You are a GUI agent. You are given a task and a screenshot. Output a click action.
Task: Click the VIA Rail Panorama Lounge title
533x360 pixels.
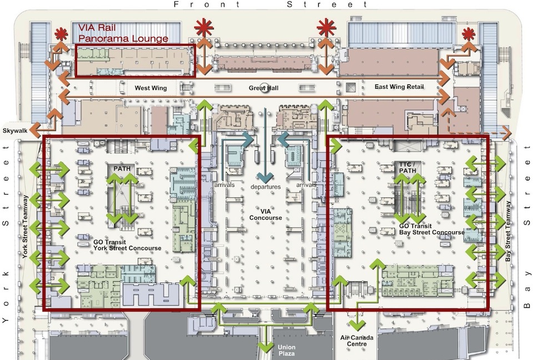[123, 33]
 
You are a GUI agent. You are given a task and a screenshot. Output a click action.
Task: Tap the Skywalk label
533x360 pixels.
[15, 130]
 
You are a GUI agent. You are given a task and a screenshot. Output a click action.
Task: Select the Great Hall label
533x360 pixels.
[263, 88]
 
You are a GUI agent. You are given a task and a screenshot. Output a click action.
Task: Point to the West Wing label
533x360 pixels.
[150, 88]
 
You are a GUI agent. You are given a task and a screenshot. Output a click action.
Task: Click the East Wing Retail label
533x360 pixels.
[399, 87]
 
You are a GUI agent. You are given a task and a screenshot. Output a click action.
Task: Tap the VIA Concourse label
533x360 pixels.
[265, 215]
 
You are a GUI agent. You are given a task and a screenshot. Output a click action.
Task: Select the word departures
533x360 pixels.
[265, 187]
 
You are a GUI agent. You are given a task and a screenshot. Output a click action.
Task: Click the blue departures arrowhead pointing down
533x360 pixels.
[265, 178]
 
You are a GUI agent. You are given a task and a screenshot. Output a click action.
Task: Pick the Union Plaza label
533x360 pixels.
[286, 350]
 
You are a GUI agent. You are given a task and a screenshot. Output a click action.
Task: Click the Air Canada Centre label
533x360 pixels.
[356, 341]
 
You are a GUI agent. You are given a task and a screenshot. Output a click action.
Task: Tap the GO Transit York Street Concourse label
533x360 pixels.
[127, 245]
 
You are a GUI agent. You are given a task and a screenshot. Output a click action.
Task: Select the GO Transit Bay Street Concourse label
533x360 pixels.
[432, 229]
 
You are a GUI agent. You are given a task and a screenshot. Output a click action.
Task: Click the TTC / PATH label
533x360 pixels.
[408, 167]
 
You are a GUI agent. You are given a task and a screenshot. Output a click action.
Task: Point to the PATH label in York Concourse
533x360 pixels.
[122, 169]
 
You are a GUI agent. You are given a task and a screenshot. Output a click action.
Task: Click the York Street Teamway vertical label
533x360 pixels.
[25, 226]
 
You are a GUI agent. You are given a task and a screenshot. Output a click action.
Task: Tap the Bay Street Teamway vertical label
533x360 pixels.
[508, 231]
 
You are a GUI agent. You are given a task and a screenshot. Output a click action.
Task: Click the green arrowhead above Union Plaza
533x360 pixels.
[265, 347]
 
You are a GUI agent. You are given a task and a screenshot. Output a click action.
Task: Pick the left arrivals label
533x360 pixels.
[224, 185]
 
